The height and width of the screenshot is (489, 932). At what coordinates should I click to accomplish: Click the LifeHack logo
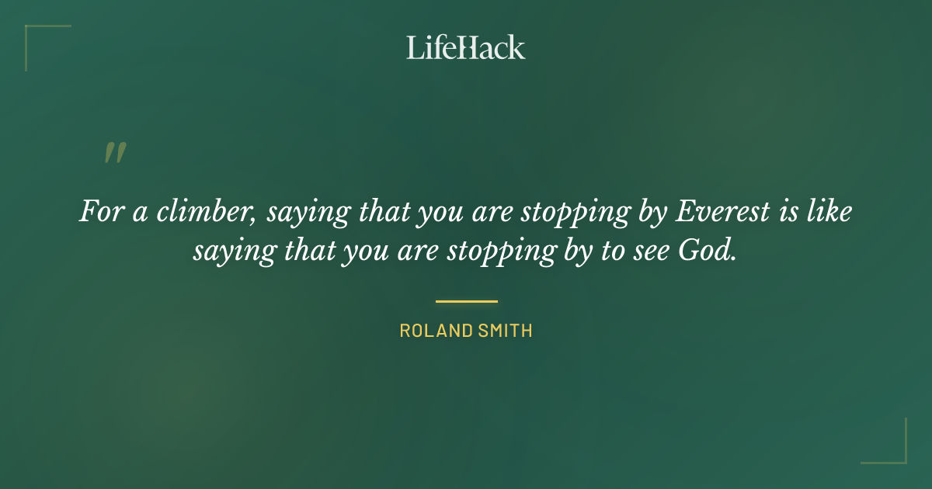[x=466, y=47]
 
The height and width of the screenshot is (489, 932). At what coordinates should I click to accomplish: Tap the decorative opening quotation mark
[x=115, y=152]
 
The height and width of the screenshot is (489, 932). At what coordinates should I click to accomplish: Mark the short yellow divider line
[x=466, y=301]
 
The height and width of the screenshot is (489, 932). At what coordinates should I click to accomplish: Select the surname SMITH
[x=505, y=331]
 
